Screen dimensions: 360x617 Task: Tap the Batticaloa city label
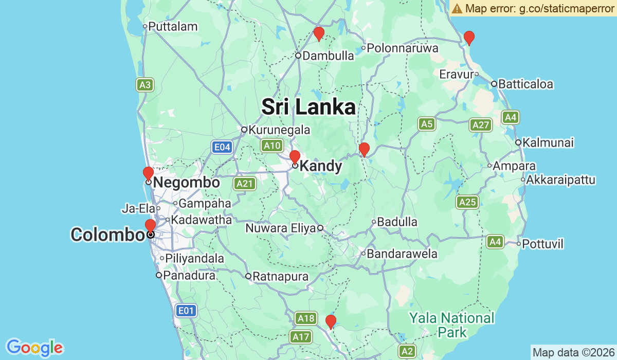[525, 84]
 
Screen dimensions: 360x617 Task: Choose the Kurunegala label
[279, 130]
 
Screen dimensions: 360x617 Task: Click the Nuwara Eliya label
[280, 228]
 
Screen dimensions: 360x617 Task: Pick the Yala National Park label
[452, 325]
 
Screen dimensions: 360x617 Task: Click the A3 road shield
[145, 85]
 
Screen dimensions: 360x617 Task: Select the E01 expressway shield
[186, 310]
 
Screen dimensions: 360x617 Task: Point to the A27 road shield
[480, 125]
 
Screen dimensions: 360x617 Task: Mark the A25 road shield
[467, 202]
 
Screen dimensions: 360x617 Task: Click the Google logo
[34, 348]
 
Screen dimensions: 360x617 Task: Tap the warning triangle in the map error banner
[457, 8]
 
